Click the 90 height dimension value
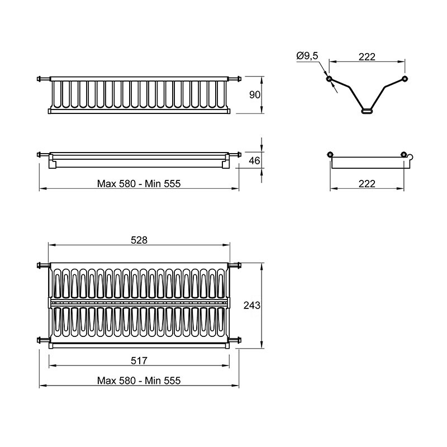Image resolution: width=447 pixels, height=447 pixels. (255, 94)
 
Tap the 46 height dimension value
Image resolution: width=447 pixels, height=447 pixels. (254, 161)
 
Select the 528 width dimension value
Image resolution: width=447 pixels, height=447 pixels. (139, 240)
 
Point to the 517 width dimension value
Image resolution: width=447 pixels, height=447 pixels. (139, 361)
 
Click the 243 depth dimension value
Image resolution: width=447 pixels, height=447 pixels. (252, 305)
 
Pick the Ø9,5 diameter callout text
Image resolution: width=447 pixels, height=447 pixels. (307, 55)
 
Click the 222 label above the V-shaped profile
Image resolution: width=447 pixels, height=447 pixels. (367, 57)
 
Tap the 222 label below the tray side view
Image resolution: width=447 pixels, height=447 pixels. (367, 184)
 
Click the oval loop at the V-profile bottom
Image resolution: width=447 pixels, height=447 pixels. (367, 111)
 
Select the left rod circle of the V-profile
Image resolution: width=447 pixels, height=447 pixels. (329, 79)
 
